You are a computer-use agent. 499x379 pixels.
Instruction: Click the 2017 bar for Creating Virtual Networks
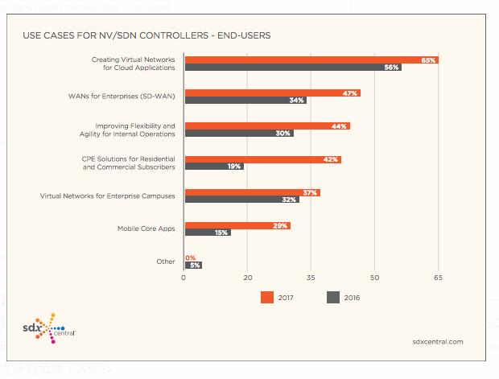pyautogui.click(x=311, y=60)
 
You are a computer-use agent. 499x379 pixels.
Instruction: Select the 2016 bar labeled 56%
pyautogui.click(x=293, y=68)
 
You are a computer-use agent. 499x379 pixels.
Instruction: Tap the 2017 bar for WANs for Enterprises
pyautogui.click(x=273, y=93)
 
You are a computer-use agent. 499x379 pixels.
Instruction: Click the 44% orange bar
pyautogui.click(x=267, y=126)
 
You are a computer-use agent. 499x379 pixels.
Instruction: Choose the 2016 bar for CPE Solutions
pyautogui.click(x=214, y=167)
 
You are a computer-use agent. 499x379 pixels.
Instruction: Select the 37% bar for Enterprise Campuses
pyautogui.click(x=253, y=192)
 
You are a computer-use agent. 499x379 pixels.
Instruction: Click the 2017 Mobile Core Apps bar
pyautogui.click(x=237, y=226)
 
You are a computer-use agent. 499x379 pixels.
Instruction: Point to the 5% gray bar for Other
pyautogui.click(x=193, y=265)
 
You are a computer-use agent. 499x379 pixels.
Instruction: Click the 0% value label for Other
pyautogui.click(x=190, y=257)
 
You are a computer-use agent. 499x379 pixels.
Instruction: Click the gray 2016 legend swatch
pyautogui.click(x=332, y=298)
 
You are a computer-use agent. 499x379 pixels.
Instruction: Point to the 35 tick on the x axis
pyautogui.click(x=311, y=278)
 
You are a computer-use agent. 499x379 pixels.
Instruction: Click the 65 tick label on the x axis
pyautogui.click(x=438, y=278)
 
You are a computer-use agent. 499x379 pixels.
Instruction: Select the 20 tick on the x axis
pyautogui.click(x=249, y=278)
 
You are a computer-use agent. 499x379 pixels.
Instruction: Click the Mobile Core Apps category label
pyautogui.click(x=146, y=229)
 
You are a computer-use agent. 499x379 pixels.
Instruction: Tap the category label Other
pyautogui.click(x=165, y=262)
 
